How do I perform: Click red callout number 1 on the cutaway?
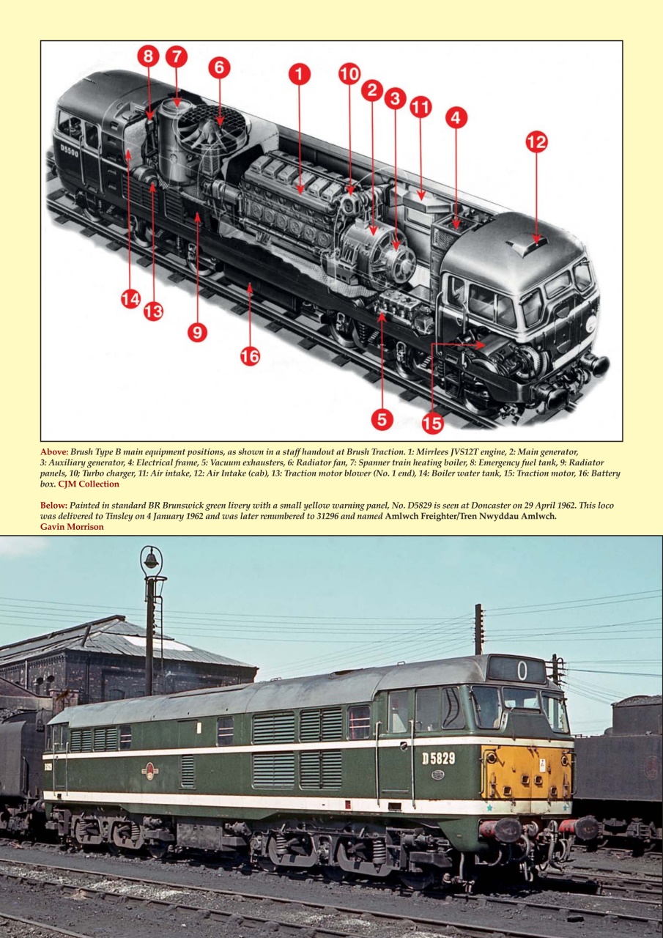[299, 74]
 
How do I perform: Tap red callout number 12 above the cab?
[536, 141]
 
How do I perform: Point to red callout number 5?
[382, 419]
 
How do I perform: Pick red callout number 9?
[197, 331]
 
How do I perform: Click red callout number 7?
[176, 56]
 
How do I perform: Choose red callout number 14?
[130, 298]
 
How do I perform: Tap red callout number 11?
[421, 107]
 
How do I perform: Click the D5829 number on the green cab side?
[438, 758]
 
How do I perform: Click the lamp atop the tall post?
[151, 560]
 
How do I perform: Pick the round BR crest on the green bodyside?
[150, 771]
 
